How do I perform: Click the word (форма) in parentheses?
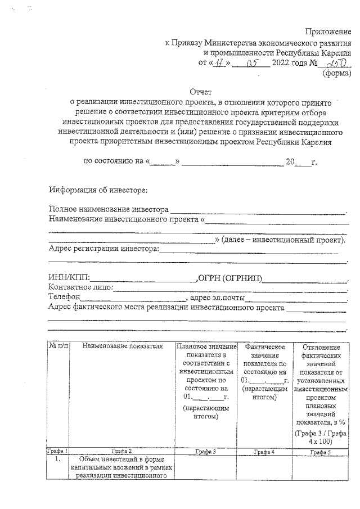point(336,72)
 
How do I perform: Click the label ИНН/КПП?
point(69,277)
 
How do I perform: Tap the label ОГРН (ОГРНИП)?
point(229,277)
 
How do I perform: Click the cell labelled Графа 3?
point(206,451)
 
